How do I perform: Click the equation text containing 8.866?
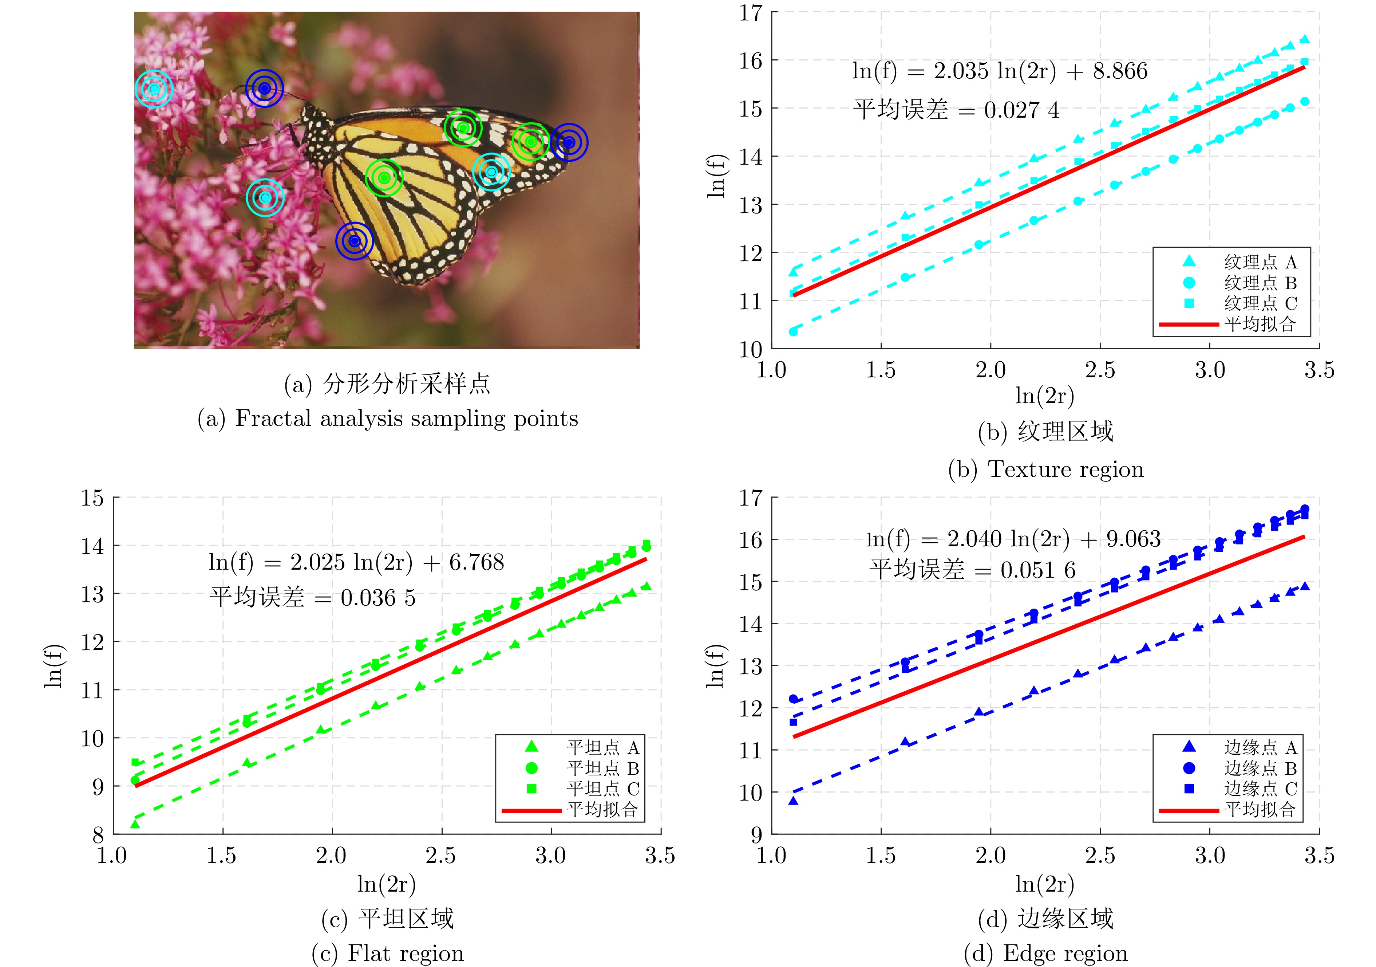pos(999,71)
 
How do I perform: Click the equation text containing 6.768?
pos(356,562)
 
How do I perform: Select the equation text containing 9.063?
pos(1013,539)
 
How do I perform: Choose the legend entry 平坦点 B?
pos(602,768)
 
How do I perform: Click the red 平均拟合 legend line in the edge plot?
pos(1189,810)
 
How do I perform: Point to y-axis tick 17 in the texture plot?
pos(750,13)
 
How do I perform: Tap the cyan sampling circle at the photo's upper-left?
pos(154,89)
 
